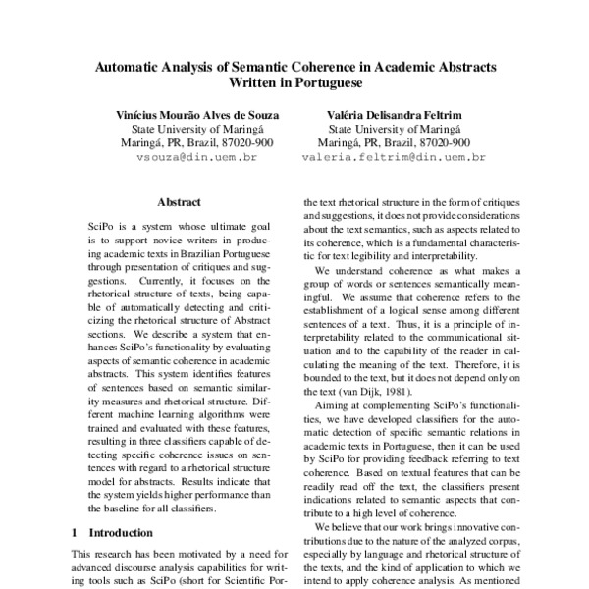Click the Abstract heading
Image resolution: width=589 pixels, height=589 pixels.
click(179, 202)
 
